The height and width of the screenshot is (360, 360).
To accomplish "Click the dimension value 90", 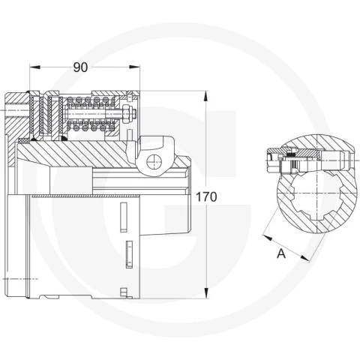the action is click(80, 67).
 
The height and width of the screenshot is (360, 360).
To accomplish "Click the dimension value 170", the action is click(206, 197).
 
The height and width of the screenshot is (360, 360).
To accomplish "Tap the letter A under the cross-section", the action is click(281, 254).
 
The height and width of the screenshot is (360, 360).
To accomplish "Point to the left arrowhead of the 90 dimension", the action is click(34, 67).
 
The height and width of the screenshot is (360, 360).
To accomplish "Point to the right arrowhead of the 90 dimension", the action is click(134, 67).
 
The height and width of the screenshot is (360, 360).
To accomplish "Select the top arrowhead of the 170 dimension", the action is click(205, 96).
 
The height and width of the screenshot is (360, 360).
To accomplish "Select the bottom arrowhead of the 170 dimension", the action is click(206, 293).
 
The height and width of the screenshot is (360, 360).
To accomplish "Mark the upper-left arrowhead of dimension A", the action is click(267, 238).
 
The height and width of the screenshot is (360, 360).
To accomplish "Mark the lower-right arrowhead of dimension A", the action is click(304, 259).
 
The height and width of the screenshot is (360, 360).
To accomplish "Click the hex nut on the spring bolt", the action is click(126, 114).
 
